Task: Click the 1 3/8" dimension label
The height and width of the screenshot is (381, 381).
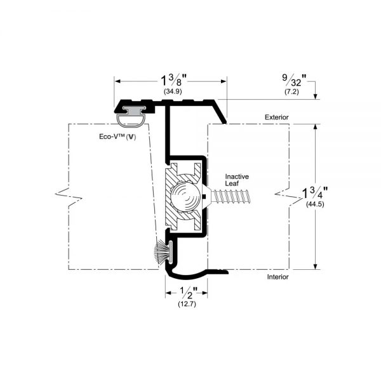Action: tap(173, 81)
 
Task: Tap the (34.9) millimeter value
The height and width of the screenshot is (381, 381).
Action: tap(173, 91)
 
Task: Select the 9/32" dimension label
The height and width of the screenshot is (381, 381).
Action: tap(294, 81)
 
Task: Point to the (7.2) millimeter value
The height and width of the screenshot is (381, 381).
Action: tap(291, 92)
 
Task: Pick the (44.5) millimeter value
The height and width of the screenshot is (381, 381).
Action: tap(315, 204)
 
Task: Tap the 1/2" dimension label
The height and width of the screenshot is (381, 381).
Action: tap(187, 293)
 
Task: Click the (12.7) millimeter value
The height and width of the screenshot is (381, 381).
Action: tap(187, 304)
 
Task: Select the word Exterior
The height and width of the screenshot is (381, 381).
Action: tap(276, 117)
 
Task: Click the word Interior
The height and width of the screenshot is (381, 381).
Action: tap(277, 277)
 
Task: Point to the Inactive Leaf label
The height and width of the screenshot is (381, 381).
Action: tap(237, 180)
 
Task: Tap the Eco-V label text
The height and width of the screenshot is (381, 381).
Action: tap(117, 137)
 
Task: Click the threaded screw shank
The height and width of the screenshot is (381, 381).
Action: tap(231, 196)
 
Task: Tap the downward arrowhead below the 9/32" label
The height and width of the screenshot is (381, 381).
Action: tap(316, 97)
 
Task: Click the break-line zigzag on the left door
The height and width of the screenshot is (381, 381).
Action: tap(69, 197)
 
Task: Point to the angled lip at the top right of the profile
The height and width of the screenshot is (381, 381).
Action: tap(220, 112)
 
